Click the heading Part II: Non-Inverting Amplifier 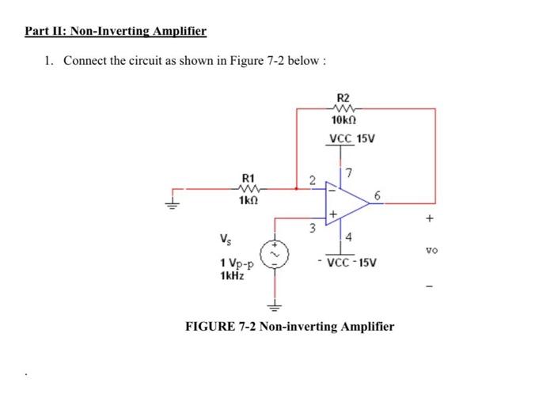click(x=116, y=32)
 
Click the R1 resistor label click(x=249, y=177)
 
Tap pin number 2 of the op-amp click(x=313, y=180)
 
